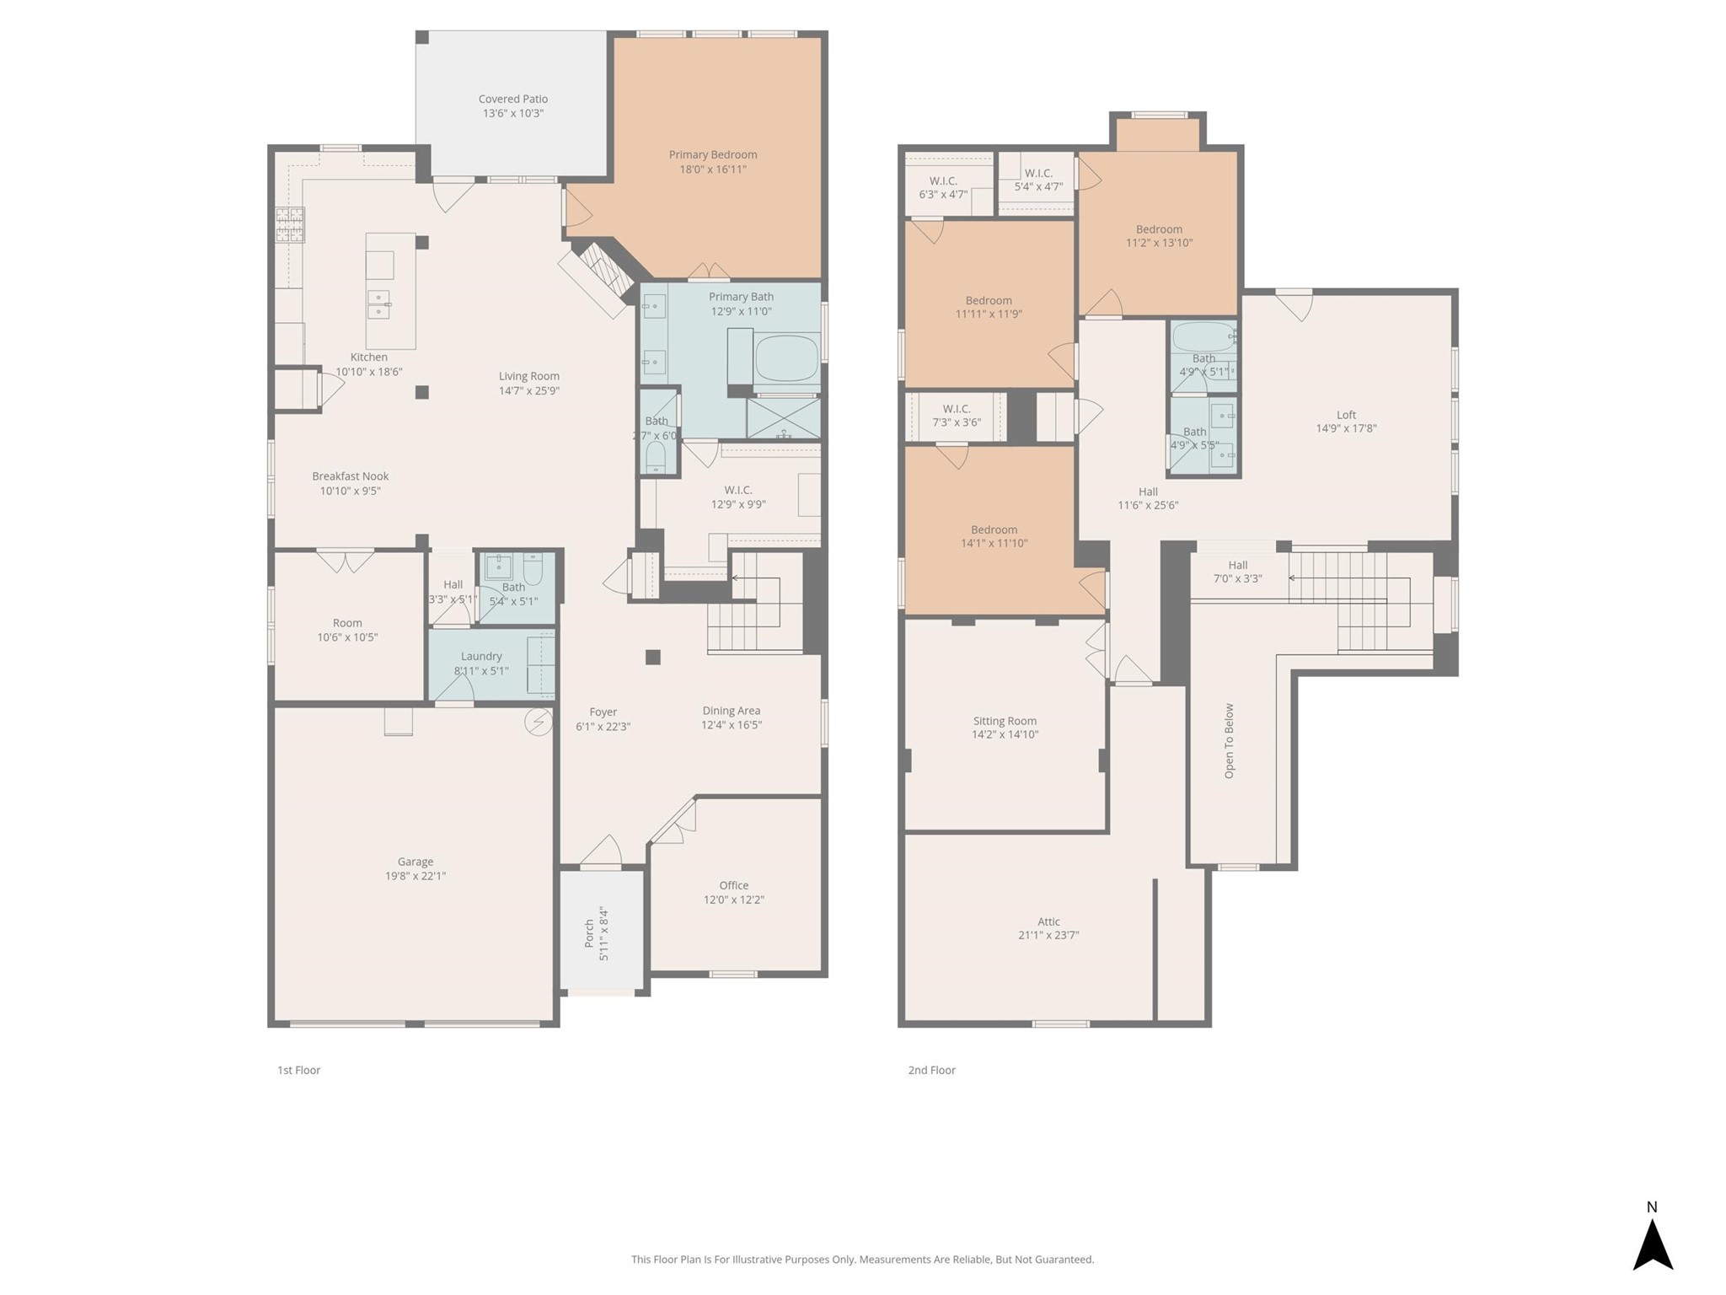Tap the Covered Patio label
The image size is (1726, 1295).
pos(512,99)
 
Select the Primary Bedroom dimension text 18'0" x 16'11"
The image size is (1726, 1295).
pos(713,169)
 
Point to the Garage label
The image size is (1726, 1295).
pos(415,862)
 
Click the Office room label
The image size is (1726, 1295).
pos(733,885)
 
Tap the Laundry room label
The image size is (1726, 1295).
pos(481,657)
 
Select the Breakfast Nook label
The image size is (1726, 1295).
pos(351,476)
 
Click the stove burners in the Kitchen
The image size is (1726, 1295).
pos(290,225)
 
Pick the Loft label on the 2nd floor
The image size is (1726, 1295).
pos(1346,415)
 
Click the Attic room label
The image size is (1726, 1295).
pos(1048,922)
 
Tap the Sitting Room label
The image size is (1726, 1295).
pos(1005,721)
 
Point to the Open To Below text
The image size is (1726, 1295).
pos(1229,740)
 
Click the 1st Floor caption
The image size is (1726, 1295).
pos(299,1070)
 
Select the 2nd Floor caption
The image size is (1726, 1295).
pos(931,1070)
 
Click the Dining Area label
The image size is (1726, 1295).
pos(731,711)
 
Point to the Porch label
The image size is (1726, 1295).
pos(590,933)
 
